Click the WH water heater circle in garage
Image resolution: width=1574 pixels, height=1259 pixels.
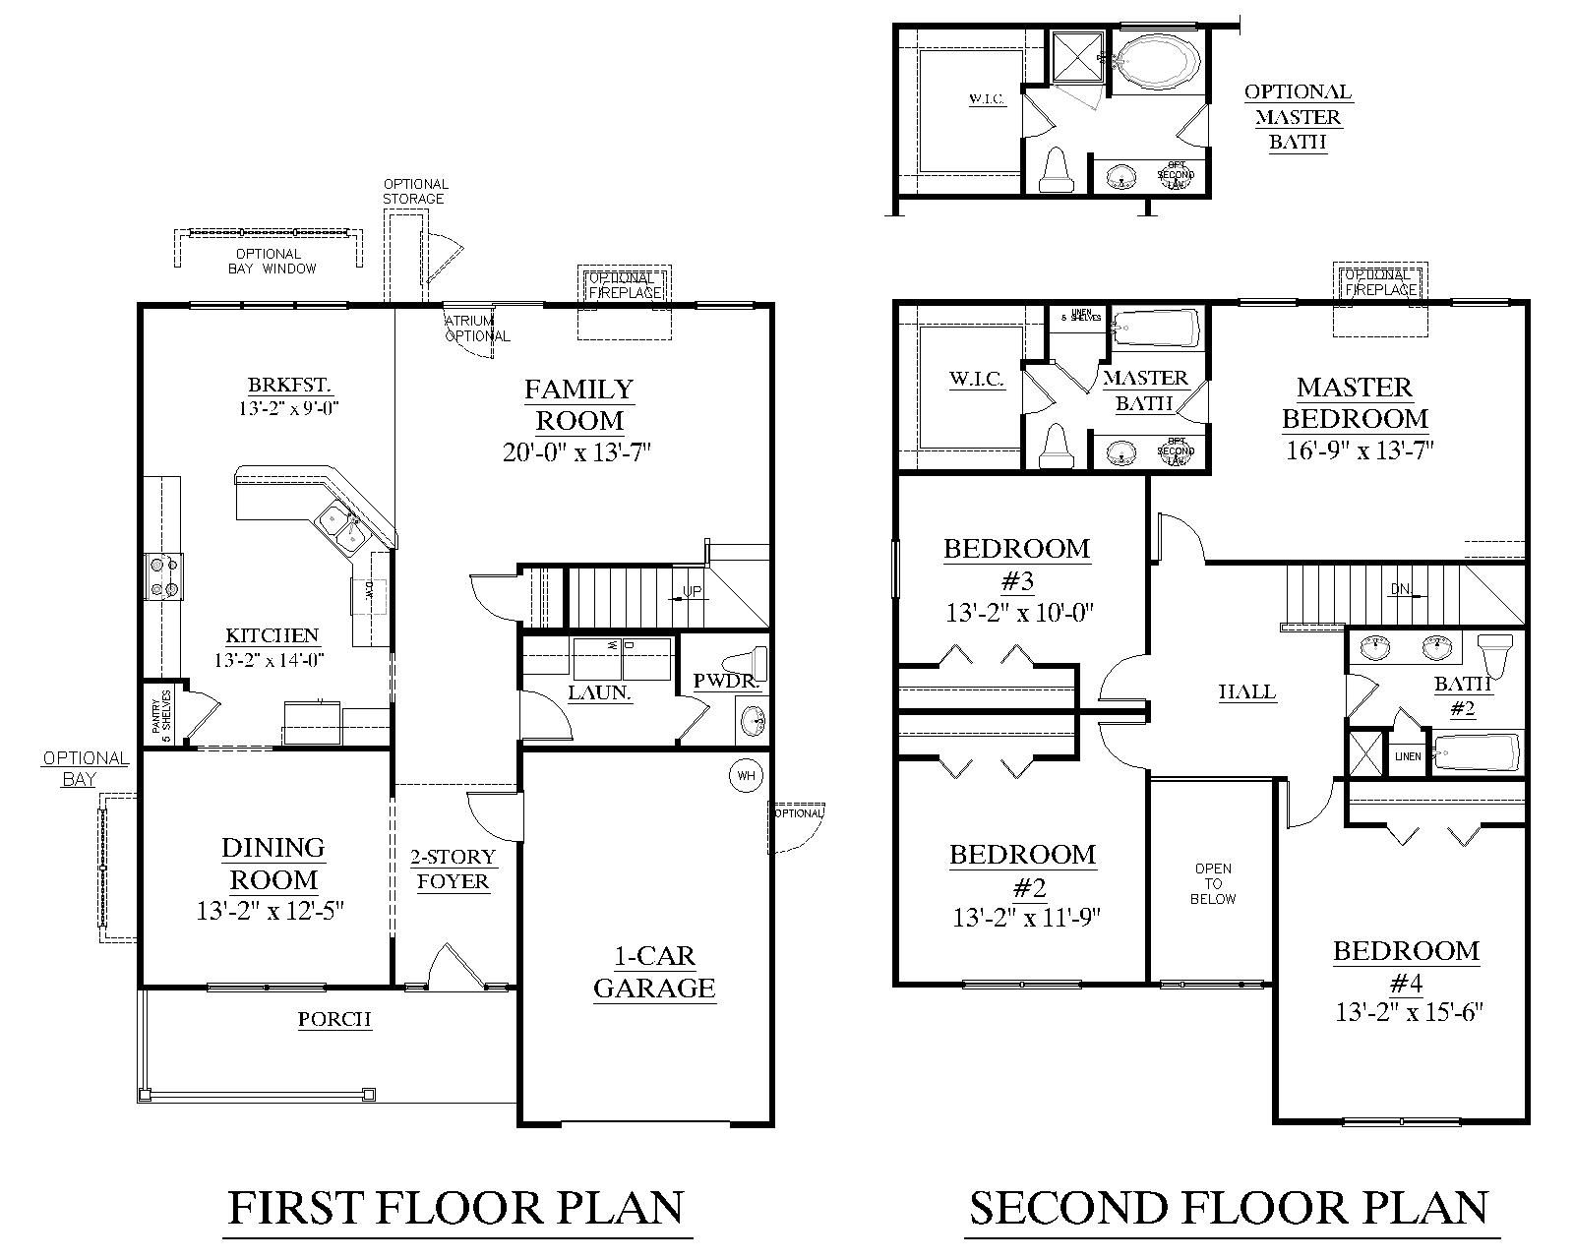pyautogui.click(x=746, y=776)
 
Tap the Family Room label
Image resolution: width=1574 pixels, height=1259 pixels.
pyautogui.click(x=579, y=405)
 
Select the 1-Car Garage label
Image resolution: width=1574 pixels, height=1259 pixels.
pyautogui.click(x=654, y=972)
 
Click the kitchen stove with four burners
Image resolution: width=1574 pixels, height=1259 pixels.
pyautogui.click(x=163, y=576)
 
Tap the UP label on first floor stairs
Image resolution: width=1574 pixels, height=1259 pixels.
pyautogui.click(x=692, y=592)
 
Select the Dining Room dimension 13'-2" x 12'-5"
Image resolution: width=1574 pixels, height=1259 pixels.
pyautogui.click(x=271, y=911)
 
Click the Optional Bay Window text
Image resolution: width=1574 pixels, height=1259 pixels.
pyautogui.click(x=272, y=261)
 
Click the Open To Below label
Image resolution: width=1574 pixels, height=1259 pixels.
pyautogui.click(x=1213, y=883)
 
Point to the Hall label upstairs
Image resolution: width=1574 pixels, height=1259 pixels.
pyautogui.click(x=1247, y=692)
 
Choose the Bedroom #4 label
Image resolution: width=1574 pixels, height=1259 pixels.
pyautogui.click(x=1407, y=966)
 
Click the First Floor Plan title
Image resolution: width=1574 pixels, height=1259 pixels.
pyautogui.click(x=456, y=1208)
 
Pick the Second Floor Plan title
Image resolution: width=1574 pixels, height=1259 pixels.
pyautogui.click(x=1229, y=1208)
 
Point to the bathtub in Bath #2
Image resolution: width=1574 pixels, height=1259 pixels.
pyautogui.click(x=1476, y=755)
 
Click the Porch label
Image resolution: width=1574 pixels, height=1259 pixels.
pyautogui.click(x=335, y=1020)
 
